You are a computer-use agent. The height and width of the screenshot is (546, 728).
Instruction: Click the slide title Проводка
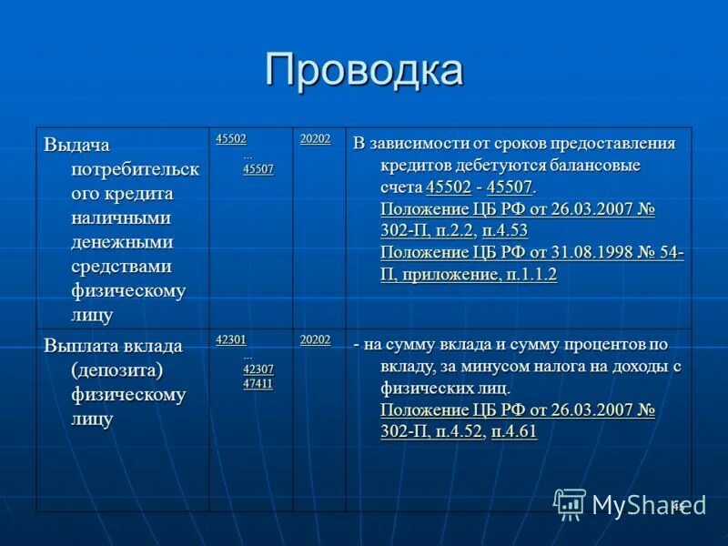[364, 72]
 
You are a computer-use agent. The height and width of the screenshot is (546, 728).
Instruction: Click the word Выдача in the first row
[76, 145]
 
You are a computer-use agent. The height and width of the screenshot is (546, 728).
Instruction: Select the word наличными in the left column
[122, 218]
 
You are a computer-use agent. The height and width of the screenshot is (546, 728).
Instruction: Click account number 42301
[231, 339]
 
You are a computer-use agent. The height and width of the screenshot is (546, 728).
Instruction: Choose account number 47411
[258, 384]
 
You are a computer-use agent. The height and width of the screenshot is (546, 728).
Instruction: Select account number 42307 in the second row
[258, 369]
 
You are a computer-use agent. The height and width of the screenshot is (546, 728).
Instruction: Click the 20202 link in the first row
[316, 139]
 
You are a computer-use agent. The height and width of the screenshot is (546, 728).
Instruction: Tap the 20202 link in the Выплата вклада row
[316, 339]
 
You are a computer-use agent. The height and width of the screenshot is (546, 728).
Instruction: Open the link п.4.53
[505, 230]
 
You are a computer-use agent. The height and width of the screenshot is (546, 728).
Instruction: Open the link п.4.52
[451, 430]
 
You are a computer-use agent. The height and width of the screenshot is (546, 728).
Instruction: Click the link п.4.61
[514, 430]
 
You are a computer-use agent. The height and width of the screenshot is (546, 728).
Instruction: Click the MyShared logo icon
[570, 504]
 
